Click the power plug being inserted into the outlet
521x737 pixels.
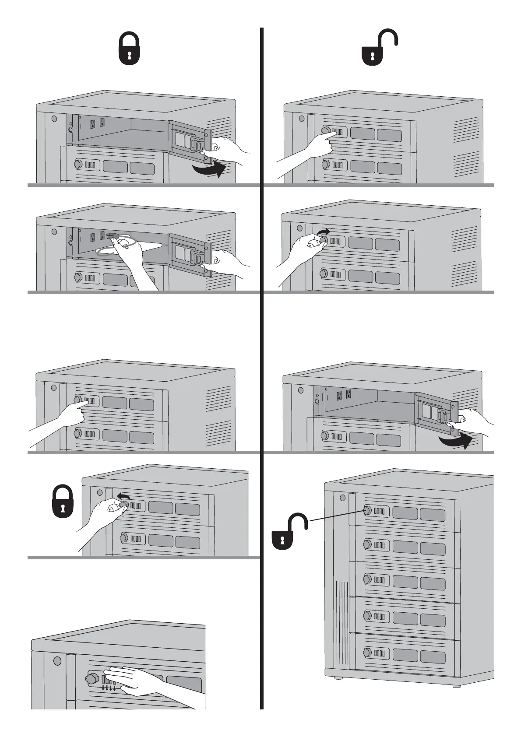coord(112,236)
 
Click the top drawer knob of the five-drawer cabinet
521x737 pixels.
coord(367,510)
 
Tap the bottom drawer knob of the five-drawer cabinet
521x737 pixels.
coord(367,653)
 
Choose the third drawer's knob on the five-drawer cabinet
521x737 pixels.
coord(367,579)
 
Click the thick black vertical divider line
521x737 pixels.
coord(262,368)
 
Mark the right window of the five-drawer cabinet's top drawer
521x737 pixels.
coord(432,515)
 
